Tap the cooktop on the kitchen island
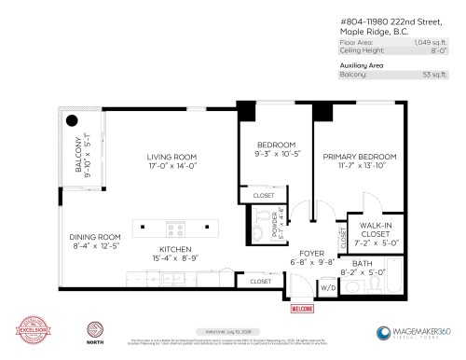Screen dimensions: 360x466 [175, 227]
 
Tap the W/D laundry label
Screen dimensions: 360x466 [326, 288]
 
